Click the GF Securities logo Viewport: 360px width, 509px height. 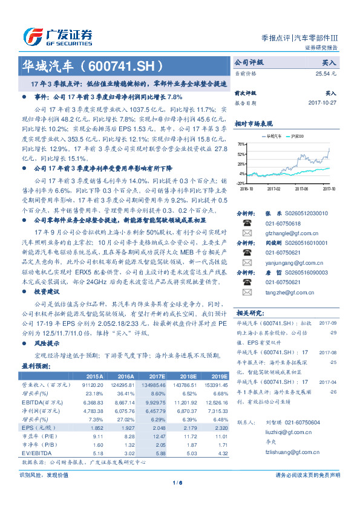point(57,34)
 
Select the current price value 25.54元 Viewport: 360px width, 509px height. point(326,73)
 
